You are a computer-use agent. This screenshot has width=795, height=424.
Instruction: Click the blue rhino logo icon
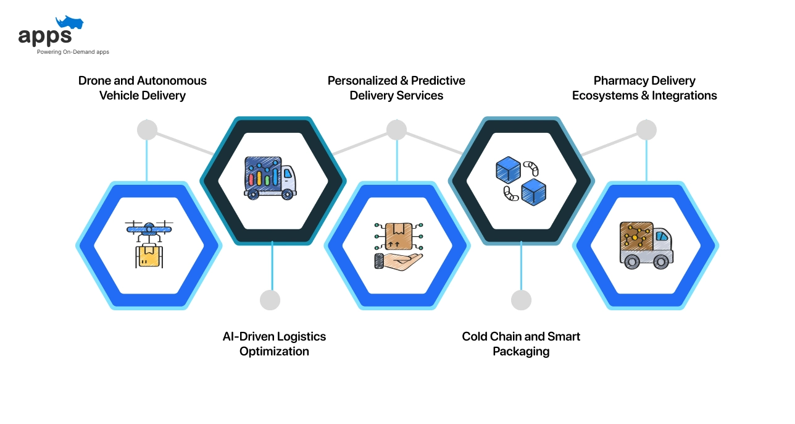tap(69, 23)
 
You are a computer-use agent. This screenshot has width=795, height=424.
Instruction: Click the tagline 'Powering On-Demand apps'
tap(73, 52)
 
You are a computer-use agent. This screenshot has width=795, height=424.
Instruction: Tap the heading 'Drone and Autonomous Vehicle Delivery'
tap(143, 88)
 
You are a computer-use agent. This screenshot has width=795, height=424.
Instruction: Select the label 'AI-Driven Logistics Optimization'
tap(274, 344)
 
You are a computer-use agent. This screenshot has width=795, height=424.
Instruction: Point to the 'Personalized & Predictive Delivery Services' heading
tap(396, 88)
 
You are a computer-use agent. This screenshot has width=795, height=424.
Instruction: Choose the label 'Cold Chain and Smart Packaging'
tap(521, 344)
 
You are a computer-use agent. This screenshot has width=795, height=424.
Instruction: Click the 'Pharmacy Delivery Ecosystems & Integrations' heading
tap(644, 88)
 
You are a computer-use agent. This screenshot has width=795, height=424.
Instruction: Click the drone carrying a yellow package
tap(149, 244)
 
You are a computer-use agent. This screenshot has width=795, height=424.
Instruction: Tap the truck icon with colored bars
tap(270, 177)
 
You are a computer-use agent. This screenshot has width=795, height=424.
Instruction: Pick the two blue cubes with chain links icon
tap(521, 180)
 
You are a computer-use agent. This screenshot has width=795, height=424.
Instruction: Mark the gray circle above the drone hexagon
tap(147, 130)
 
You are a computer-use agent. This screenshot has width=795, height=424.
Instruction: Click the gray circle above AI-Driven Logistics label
tap(270, 300)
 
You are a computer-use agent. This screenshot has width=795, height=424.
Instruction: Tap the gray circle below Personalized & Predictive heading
tap(396, 130)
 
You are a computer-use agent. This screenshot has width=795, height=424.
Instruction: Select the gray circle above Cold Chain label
tap(521, 300)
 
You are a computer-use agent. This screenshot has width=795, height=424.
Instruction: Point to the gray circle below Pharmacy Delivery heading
tap(646, 130)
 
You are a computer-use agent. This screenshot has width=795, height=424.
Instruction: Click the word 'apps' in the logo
tap(44, 36)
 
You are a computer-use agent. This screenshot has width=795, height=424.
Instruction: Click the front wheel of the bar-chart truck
tap(287, 194)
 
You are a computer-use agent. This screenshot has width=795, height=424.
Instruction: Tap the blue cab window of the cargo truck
tap(661, 237)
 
